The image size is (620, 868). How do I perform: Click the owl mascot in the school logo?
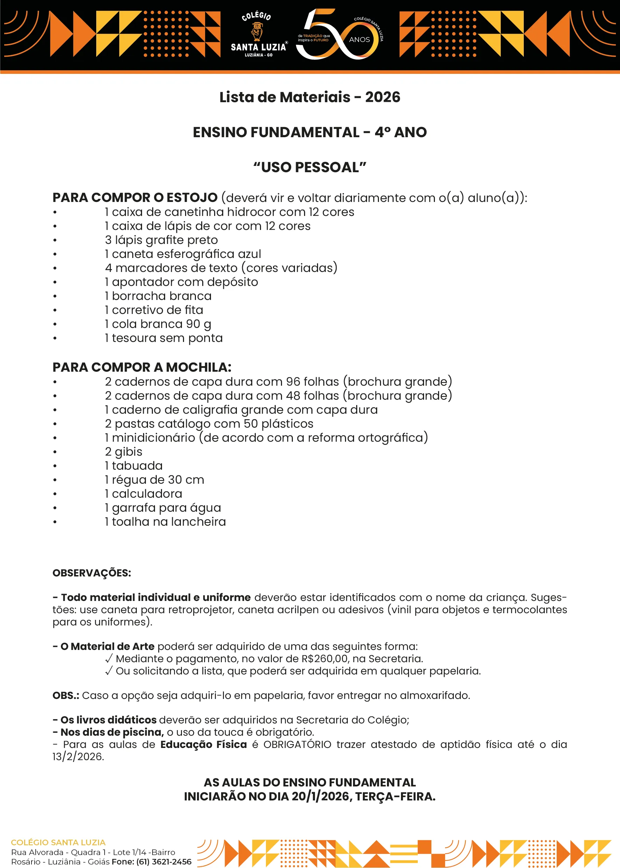coord(257,31)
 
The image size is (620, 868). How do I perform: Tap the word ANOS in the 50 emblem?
coord(359,40)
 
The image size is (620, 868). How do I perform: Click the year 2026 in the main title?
coord(382,97)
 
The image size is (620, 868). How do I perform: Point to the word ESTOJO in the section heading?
coord(192,197)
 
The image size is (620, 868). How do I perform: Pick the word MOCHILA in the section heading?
coord(198,367)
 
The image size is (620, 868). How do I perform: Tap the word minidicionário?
coord(154,437)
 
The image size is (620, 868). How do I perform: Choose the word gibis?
coord(129,452)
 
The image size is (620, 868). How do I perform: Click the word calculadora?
coord(147,494)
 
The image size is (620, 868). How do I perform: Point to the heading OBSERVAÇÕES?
coord(92,573)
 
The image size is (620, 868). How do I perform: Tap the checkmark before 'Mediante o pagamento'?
coord(109,658)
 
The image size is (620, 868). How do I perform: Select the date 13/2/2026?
coord(78,756)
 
